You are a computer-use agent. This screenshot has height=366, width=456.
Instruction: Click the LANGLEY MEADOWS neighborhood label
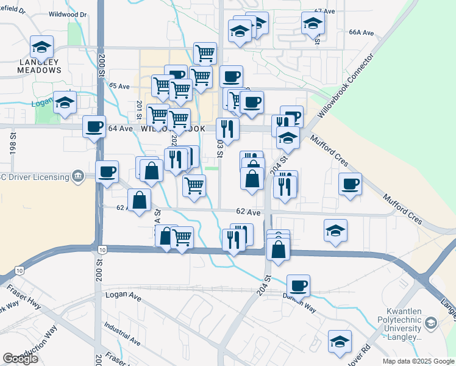pyautogui.click(x=41, y=66)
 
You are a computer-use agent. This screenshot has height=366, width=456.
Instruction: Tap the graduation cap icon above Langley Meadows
pyautogui.click(x=41, y=46)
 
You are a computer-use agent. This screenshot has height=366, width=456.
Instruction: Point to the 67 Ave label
pyautogui.click(x=325, y=12)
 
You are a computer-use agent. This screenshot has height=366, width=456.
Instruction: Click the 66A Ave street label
pyautogui.click(x=361, y=32)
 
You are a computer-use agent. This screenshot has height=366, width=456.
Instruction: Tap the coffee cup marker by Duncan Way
pyautogui.click(x=298, y=285)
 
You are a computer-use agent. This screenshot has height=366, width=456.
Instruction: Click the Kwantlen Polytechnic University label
pyautogui.click(x=399, y=326)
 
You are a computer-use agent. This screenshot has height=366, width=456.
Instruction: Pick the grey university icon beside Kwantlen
pyautogui.click(x=431, y=323)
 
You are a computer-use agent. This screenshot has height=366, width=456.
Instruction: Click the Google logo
pyautogui.click(x=20, y=359)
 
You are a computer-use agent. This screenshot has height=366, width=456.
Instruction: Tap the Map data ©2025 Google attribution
pyautogui.click(x=418, y=361)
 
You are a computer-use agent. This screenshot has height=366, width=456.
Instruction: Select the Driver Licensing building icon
pyautogui.click(x=78, y=177)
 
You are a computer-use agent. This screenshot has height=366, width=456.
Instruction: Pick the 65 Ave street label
pyautogui.click(x=120, y=87)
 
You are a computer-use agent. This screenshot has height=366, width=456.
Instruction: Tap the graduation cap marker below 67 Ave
pyautogui.click(x=313, y=24)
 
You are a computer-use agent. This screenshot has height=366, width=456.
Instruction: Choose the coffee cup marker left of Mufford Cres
pyautogui.click(x=350, y=184)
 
